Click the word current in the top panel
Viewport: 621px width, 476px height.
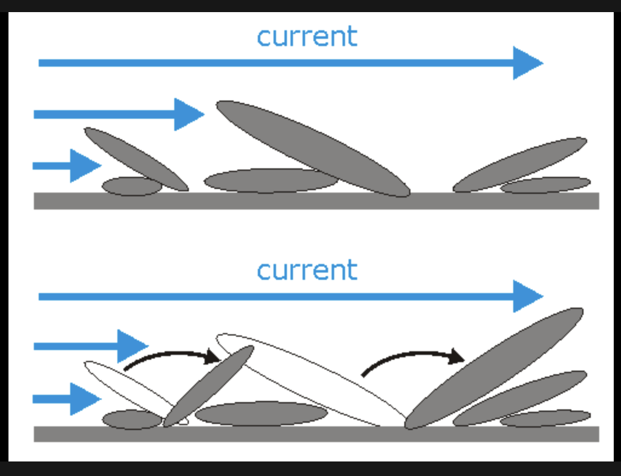[307, 36]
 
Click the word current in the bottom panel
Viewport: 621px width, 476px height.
[307, 269]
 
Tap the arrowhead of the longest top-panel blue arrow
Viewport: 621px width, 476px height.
[527, 62]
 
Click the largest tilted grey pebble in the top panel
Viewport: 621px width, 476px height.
[313, 148]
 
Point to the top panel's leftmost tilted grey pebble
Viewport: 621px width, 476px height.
[136, 159]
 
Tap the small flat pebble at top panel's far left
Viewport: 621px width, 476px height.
[131, 186]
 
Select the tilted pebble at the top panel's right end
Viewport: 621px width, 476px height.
[521, 164]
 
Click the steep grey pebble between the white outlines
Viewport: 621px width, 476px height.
[208, 386]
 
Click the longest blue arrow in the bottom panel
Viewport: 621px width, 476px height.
[291, 296]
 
